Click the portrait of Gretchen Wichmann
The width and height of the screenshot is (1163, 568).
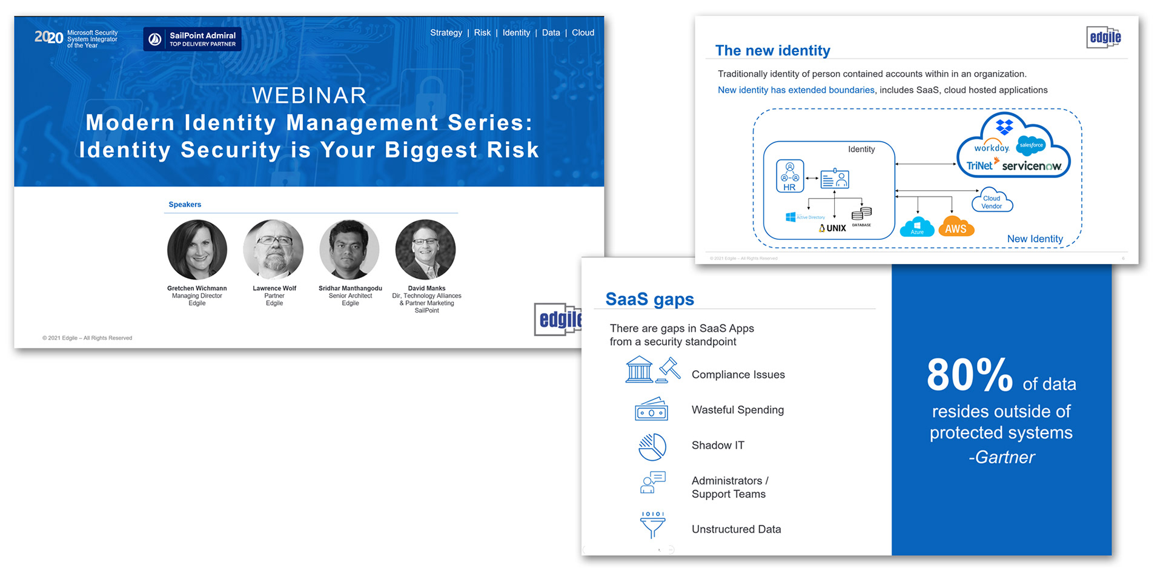(197, 249)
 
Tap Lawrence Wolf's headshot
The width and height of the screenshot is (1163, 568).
(273, 249)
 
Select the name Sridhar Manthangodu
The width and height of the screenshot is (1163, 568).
(350, 288)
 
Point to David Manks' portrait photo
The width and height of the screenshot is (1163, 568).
(425, 249)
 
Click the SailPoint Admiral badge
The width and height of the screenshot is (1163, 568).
(193, 39)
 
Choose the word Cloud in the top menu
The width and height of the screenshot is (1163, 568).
(583, 33)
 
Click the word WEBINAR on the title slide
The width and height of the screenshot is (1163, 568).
(309, 95)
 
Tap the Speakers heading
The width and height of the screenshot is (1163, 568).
(185, 205)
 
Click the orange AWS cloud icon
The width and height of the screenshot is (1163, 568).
(956, 228)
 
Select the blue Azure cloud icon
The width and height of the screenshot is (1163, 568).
(917, 228)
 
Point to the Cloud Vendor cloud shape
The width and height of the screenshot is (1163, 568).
(992, 201)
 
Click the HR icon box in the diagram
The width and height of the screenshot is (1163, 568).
(790, 176)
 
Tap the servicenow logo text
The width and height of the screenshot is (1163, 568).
(1031, 166)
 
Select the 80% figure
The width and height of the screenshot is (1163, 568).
(969, 375)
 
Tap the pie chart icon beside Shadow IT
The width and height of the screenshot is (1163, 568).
(652, 447)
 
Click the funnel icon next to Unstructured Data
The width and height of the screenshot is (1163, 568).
(652, 524)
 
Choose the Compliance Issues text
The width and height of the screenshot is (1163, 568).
(738, 375)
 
